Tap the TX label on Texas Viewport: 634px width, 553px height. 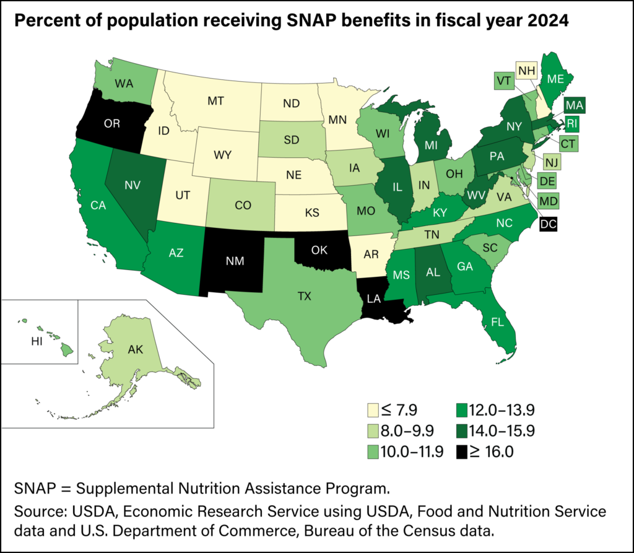304,296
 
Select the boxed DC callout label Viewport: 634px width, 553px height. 548,225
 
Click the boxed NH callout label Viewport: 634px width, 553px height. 527,71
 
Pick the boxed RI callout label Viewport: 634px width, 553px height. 571,124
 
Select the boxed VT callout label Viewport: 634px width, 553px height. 502,80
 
